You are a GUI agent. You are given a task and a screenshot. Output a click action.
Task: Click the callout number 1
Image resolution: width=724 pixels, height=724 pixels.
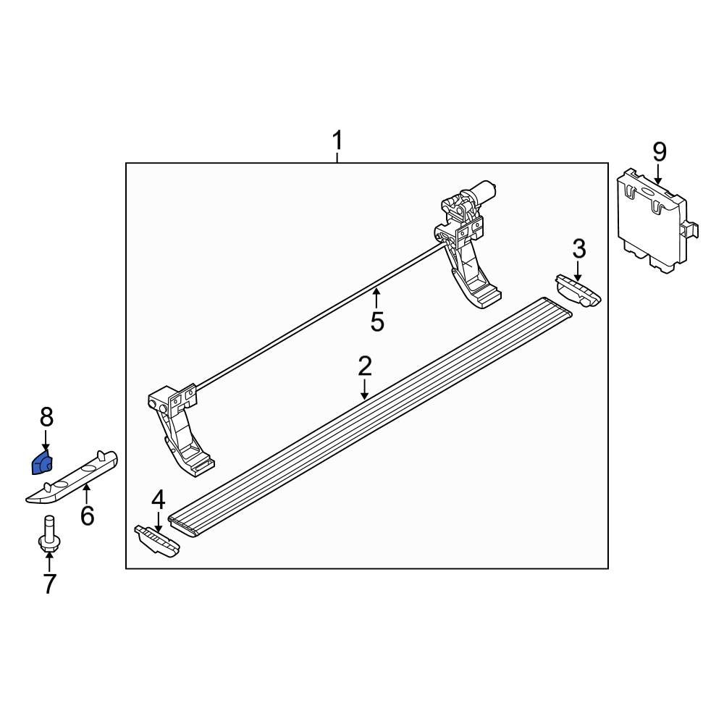point(337,140)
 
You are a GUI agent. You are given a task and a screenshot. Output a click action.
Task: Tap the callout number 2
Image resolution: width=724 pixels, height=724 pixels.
point(364,366)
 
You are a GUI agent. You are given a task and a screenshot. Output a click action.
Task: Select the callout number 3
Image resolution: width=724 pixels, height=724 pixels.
point(579,250)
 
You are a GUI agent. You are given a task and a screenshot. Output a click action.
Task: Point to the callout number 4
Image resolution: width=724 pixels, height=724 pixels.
point(158,500)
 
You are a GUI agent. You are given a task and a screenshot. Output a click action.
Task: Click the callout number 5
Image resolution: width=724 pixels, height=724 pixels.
point(376,321)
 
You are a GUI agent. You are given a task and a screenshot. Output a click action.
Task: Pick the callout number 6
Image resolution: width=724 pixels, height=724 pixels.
point(87,516)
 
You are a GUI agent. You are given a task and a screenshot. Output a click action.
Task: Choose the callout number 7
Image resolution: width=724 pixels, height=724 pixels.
point(49,584)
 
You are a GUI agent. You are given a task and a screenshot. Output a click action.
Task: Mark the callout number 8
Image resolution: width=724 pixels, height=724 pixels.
point(46,417)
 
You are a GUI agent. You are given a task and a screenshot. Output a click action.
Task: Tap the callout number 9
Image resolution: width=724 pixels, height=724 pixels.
point(659,152)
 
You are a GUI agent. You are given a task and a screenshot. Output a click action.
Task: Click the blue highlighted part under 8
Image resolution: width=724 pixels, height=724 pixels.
point(42,462)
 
